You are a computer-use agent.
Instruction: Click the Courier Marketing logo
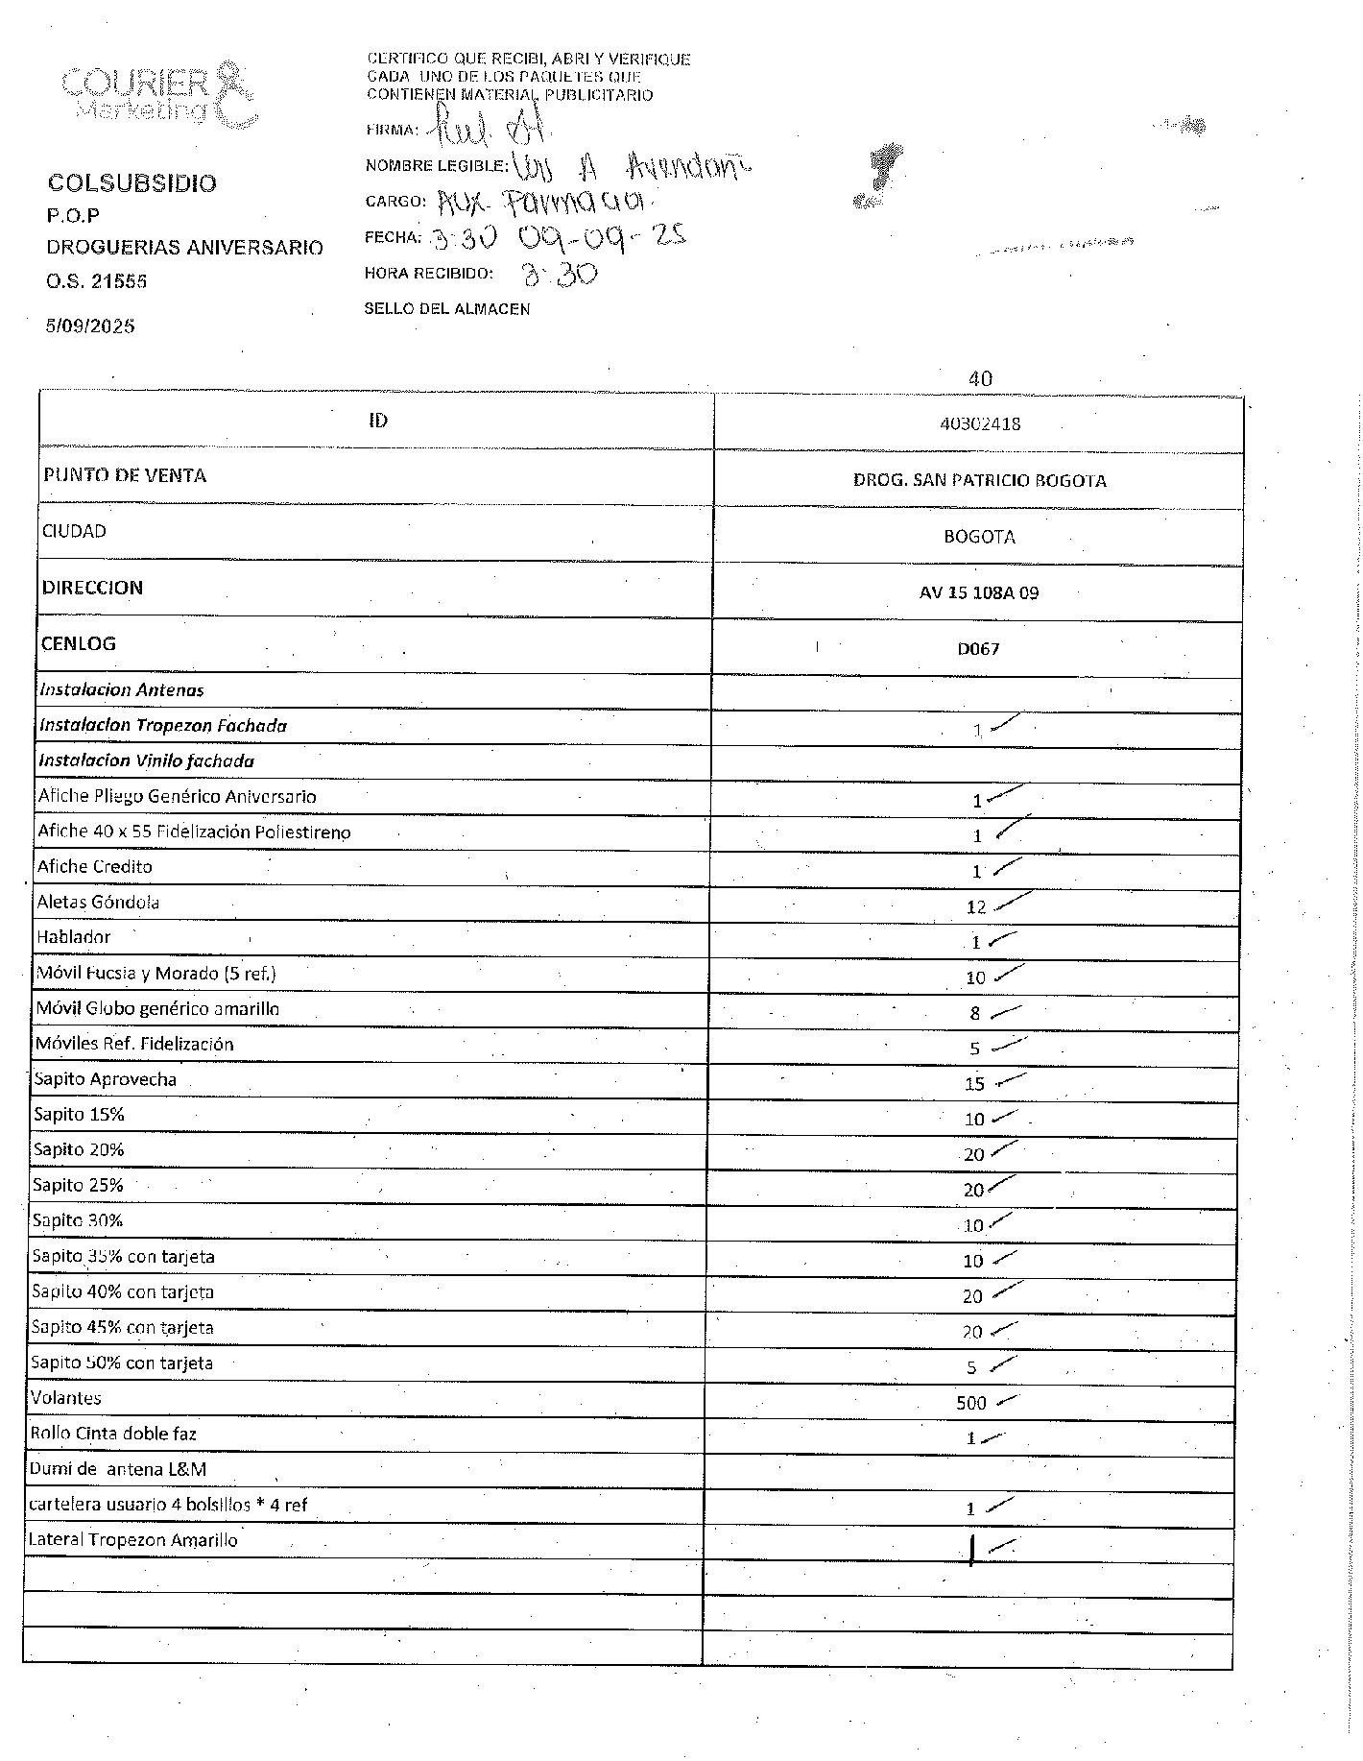tap(158, 94)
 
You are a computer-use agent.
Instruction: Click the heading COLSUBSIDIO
tap(132, 183)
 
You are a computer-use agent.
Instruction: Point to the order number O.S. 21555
tap(97, 281)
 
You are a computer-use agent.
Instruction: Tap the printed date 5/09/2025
tap(90, 326)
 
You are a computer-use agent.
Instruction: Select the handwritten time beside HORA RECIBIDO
tap(559, 276)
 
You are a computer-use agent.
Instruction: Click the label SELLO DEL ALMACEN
tap(447, 309)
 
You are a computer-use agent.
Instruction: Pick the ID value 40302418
tap(979, 423)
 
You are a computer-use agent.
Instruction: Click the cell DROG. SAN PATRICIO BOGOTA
tap(979, 480)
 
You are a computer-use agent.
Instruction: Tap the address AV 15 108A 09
tap(979, 592)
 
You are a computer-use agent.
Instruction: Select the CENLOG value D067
tap(978, 649)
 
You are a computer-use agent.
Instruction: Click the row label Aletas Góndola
tap(98, 902)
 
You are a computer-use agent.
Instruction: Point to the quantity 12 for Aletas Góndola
tap(976, 907)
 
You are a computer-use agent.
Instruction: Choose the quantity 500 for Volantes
tap(971, 1403)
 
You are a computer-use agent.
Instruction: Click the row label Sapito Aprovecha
tap(106, 1079)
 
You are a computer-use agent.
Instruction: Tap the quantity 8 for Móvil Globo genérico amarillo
tap(975, 1013)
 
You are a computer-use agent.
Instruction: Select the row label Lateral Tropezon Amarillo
tap(133, 1540)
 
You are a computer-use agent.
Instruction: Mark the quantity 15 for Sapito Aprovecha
tap(974, 1084)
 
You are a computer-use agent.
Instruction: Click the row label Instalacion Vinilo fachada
tap(147, 760)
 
